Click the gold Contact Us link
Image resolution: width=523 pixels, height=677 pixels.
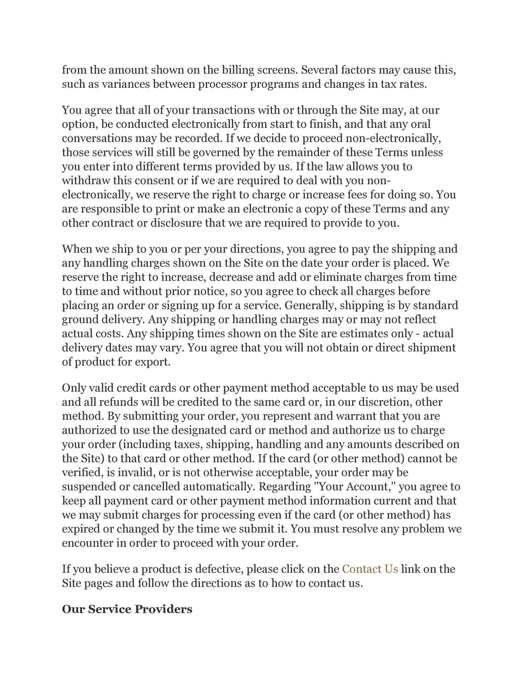pyautogui.click(x=370, y=569)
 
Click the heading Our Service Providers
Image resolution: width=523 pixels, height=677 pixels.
pyautogui.click(x=127, y=609)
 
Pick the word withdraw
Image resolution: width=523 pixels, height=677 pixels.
pyautogui.click(x=85, y=180)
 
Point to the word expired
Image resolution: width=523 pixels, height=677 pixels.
pyautogui.click(x=81, y=529)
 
